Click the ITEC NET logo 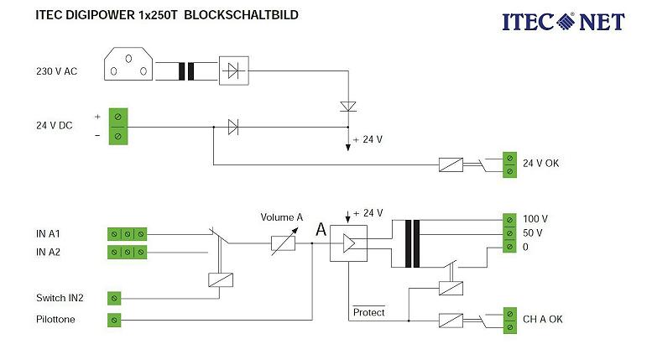pyautogui.click(x=563, y=21)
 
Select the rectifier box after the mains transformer pyautogui.click(x=234, y=70)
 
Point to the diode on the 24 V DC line pyautogui.click(x=233, y=128)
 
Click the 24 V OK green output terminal pyautogui.click(x=509, y=164)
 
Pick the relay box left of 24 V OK pyautogui.click(x=451, y=164)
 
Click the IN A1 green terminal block pyautogui.click(x=128, y=234)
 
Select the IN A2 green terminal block pyautogui.click(x=128, y=252)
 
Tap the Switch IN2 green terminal pyautogui.click(x=115, y=297)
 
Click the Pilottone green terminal pyautogui.click(x=115, y=320)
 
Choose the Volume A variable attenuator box pyautogui.click(x=282, y=244)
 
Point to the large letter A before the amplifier pyautogui.click(x=320, y=229)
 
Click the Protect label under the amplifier pyautogui.click(x=368, y=312)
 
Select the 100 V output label pyautogui.click(x=534, y=218)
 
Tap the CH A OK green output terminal pyautogui.click(x=509, y=320)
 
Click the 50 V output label pyautogui.click(x=532, y=232)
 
